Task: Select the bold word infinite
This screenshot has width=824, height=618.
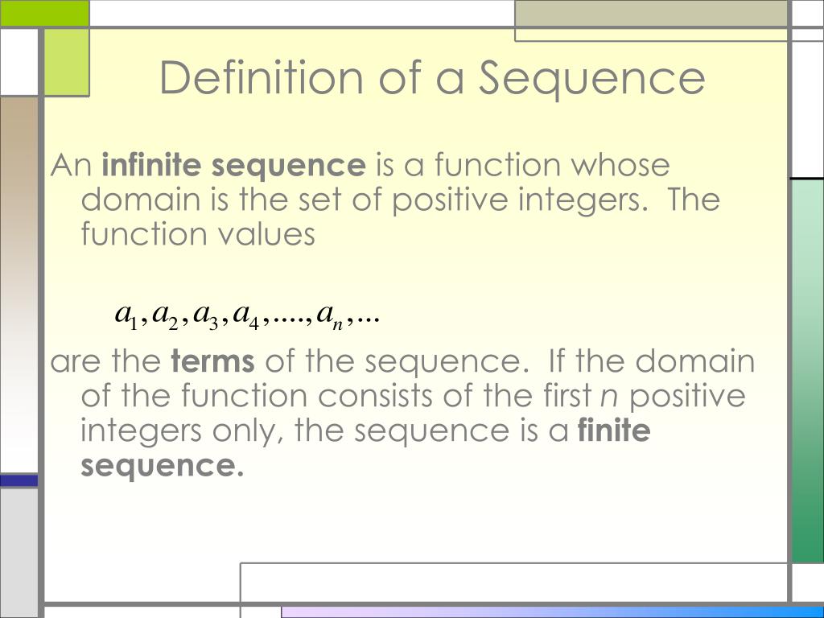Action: click(x=152, y=166)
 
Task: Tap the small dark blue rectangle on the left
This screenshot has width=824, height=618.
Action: click(x=19, y=480)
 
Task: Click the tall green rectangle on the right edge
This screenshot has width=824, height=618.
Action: click(x=807, y=370)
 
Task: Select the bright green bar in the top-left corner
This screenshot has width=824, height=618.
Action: click(x=44, y=12)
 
